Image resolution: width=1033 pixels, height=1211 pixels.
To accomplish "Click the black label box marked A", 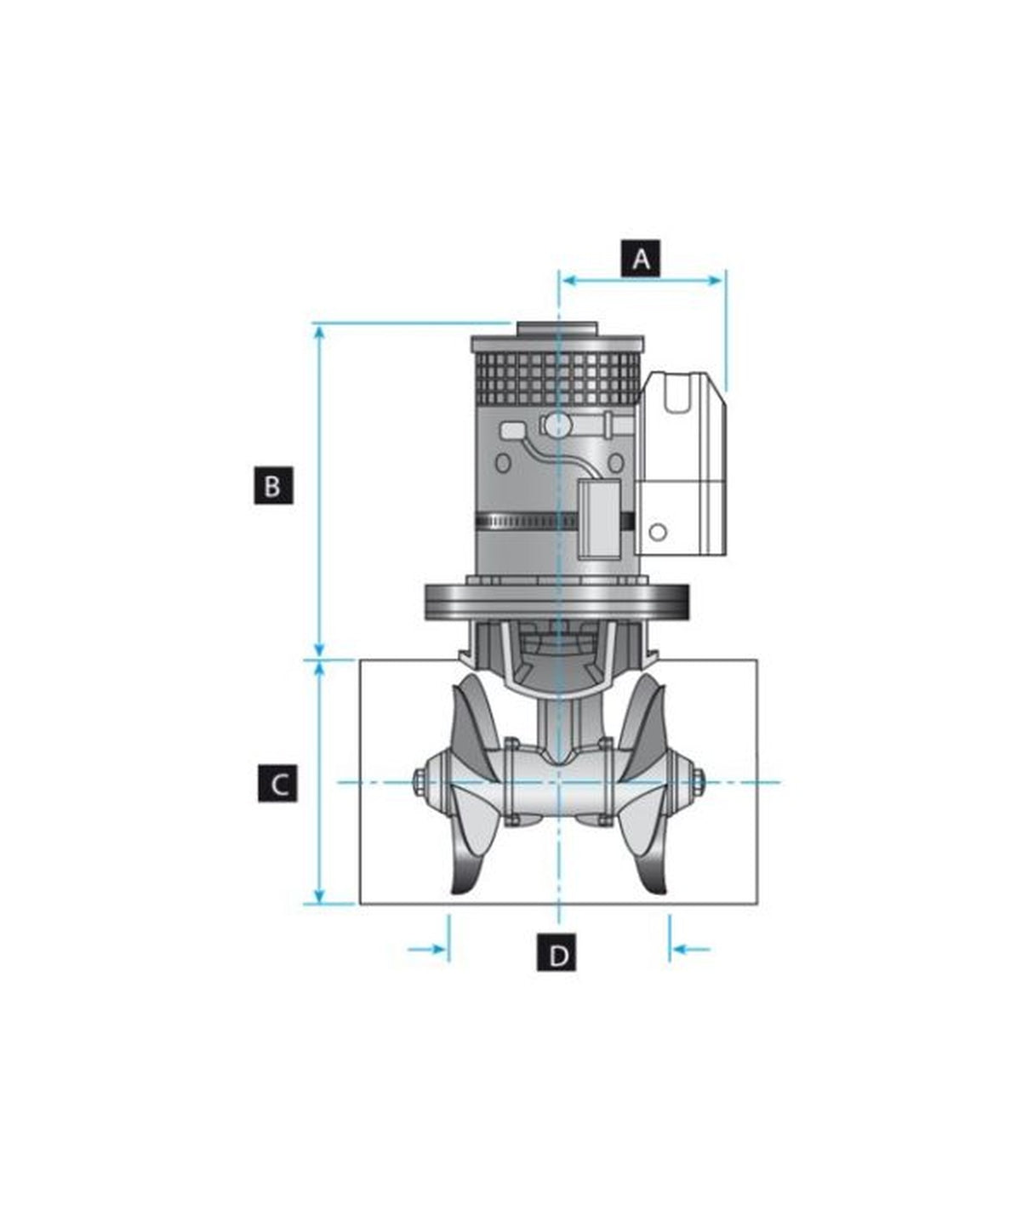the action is point(641,258).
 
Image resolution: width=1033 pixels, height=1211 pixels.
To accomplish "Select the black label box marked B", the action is point(273,485).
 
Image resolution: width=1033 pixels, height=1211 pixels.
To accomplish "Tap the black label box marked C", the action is point(277,783).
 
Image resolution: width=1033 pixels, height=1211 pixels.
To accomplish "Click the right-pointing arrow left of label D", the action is point(427,949).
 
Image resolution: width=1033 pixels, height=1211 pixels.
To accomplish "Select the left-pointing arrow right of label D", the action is point(691,949).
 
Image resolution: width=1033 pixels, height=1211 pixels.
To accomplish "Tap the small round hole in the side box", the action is point(659,531).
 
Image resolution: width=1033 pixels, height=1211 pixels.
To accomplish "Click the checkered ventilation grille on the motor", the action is point(556,380).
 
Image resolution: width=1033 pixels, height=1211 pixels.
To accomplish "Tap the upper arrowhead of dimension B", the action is point(319,334).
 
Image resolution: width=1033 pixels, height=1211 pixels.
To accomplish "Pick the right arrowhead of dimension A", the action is point(715,281).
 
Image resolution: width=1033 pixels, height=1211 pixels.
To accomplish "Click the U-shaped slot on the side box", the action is point(677,392).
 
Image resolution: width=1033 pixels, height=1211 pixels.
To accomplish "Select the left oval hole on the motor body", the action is point(503,463).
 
